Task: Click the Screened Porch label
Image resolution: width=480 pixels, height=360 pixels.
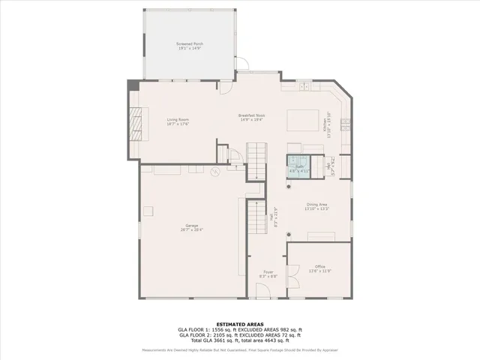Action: tap(190, 44)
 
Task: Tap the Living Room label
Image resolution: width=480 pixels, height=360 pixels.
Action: tap(177, 119)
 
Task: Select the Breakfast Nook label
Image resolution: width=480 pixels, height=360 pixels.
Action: tap(252, 115)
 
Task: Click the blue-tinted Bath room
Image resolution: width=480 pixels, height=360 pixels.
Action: tap(298, 165)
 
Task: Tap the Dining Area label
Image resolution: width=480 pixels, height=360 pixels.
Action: tap(317, 204)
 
